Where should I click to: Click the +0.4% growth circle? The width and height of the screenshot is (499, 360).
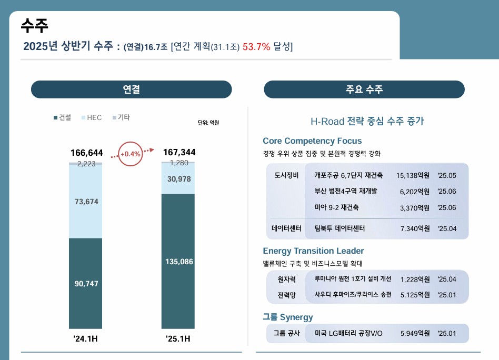pos(131,154)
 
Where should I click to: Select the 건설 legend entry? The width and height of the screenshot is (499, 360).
pos(62,117)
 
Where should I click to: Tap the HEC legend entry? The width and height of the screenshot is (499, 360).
pos(92,117)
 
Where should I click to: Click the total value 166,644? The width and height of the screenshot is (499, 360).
pos(86,153)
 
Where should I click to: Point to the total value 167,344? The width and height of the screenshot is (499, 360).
pos(179,152)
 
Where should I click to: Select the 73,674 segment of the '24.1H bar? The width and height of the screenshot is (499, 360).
pos(86,202)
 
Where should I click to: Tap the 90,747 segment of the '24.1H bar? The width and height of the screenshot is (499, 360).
pos(86,283)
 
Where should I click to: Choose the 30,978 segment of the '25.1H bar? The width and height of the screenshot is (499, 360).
pos(178,179)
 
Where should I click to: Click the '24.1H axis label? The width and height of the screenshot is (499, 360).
pos(86,338)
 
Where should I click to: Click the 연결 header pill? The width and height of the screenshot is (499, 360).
pos(131,89)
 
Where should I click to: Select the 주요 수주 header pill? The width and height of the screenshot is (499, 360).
pos(364,89)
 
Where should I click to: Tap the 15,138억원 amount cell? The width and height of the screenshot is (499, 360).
pos(413,175)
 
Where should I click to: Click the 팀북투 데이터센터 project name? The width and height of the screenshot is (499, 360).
pos(339,228)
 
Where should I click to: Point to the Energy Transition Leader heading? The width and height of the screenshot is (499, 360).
pos(313,251)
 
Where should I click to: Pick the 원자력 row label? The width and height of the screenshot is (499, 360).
pos(287,279)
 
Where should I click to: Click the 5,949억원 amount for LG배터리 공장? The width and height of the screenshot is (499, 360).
pos(415,333)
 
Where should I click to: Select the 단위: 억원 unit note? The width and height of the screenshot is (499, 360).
pos(208,123)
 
